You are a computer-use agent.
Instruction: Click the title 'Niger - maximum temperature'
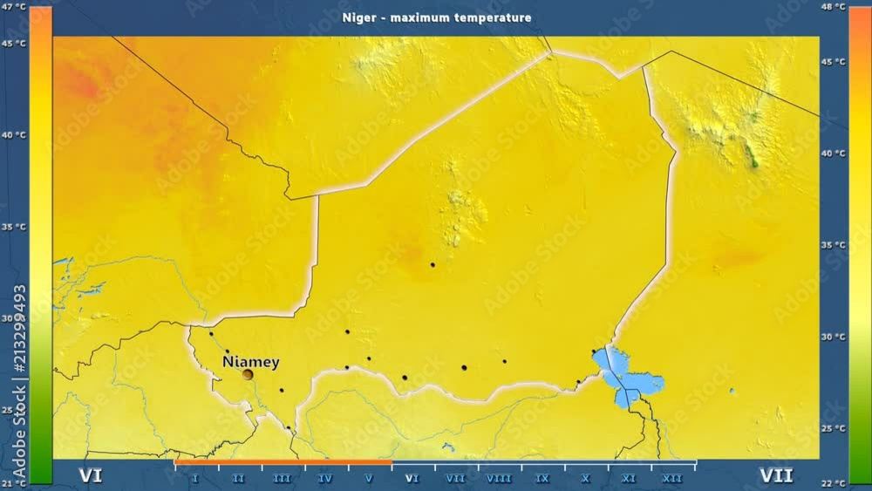coord(436,17)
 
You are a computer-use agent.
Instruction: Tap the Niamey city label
coord(250,361)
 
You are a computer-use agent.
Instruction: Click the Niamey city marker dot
coord(248,374)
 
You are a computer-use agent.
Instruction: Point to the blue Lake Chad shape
coord(630,376)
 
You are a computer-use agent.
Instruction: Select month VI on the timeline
coord(412,478)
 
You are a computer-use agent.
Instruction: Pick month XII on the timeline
coord(672,478)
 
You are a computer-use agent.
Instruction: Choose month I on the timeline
coord(195,478)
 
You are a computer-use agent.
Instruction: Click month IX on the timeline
coord(542,478)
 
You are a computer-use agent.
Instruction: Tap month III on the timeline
coord(282,478)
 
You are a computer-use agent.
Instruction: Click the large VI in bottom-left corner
coord(91,475)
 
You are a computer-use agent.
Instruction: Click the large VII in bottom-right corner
coord(775,475)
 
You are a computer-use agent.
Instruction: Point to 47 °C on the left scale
coord(15,7)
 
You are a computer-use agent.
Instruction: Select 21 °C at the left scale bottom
coord(15,482)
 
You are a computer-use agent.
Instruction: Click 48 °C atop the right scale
coord(835,7)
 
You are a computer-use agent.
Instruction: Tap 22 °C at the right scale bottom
coord(835,482)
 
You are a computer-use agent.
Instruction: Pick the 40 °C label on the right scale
coord(835,153)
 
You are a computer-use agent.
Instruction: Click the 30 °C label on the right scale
coord(835,337)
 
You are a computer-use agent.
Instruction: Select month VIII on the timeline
coord(499,478)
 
